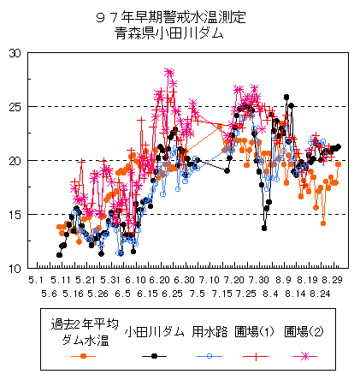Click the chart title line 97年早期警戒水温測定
171,17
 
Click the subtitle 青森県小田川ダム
169,33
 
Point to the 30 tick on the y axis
15,53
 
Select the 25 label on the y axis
15,107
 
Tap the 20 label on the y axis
15,161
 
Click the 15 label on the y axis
15,215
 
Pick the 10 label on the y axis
15,269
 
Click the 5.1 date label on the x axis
36,280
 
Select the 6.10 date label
135,280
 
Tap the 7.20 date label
234,280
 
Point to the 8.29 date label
332,280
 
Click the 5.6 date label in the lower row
49,294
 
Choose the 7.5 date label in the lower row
198,294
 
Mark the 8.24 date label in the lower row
320,294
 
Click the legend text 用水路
210,332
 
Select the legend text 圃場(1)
255,332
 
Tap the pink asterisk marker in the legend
305,356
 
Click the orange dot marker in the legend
83,356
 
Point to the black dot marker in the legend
154,356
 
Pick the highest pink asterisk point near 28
169,72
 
